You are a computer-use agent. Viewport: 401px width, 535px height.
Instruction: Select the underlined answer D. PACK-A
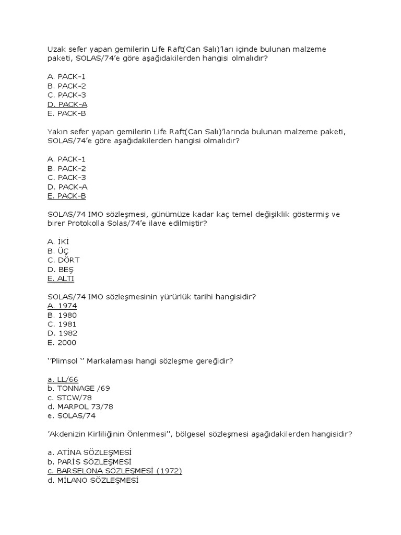coord(67,104)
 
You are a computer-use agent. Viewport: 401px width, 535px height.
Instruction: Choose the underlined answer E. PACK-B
coord(66,196)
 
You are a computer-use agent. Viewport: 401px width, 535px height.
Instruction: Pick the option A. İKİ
coord(58,241)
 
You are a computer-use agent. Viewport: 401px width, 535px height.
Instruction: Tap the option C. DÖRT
coord(63,260)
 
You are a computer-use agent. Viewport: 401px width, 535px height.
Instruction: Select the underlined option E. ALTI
coord(61,278)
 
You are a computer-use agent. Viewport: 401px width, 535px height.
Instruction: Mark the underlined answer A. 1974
coord(62,306)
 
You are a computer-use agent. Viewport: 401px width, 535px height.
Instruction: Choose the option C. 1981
coord(62,324)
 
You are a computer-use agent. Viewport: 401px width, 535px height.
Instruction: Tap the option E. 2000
coord(62,343)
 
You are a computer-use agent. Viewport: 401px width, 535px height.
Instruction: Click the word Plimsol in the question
coord(68,361)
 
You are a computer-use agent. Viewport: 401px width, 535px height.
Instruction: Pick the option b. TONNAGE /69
coord(78,388)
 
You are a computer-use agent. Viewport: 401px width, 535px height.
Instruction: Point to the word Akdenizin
coord(68,434)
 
